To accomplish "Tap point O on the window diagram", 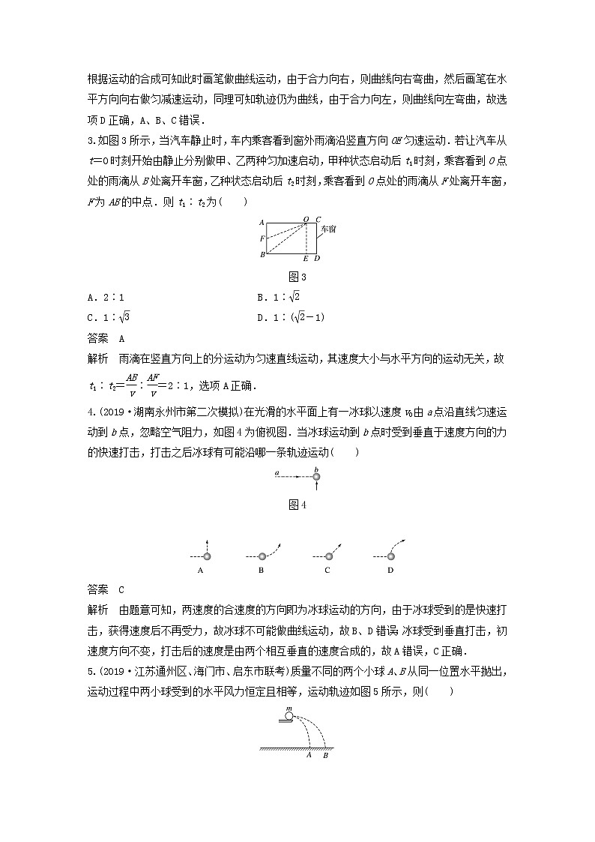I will click(306, 220).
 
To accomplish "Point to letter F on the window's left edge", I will click(262, 238).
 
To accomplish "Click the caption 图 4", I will click(298, 505).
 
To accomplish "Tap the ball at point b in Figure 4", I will click(317, 476).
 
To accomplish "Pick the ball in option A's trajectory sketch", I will click(208, 556).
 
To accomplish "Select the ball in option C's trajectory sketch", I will click(327, 556).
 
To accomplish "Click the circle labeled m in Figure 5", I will click(289, 717).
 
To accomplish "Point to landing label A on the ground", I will click(309, 756).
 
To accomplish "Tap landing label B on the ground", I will click(325, 756).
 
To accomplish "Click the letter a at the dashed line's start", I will click(277, 473).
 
